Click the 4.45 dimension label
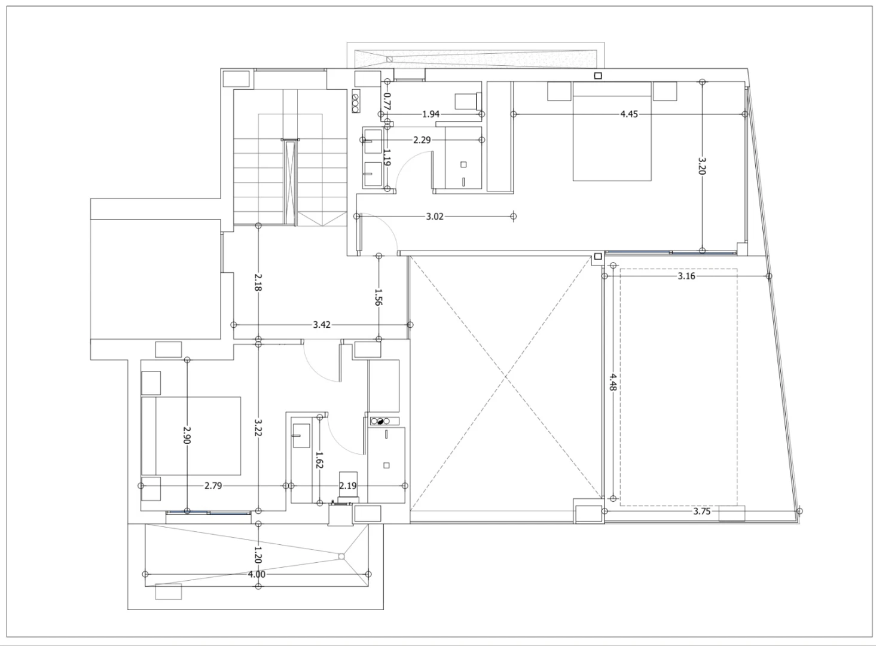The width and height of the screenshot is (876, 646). tap(628, 114)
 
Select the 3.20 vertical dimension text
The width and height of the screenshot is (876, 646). tap(702, 166)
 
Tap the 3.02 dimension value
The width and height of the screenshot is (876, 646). tap(435, 217)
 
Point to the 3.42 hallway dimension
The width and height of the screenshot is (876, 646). tap(322, 325)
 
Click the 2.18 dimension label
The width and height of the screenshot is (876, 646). tap(258, 282)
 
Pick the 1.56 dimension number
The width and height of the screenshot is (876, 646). tap(378, 297)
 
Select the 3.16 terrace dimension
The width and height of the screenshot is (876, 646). tap(686, 276)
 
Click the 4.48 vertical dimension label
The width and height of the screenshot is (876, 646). tap(613, 383)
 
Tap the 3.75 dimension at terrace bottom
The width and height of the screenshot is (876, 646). tap(702, 511)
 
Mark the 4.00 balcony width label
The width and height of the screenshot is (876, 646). tap(257, 574)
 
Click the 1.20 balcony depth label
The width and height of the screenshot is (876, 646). tap(258, 555)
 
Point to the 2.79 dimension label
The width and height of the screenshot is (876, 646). tap(213, 486)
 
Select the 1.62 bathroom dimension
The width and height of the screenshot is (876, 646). tap(319, 459)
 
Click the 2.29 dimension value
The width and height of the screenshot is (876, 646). tap(423, 140)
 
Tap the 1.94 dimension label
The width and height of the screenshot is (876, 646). tap(431, 114)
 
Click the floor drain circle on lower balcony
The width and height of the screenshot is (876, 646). tap(341, 557)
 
